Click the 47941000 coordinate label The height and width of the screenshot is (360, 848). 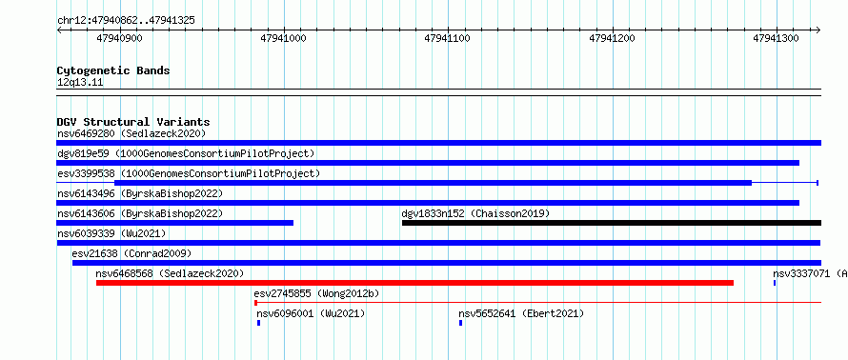(x=283, y=38)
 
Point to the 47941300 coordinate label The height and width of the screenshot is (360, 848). (x=776, y=38)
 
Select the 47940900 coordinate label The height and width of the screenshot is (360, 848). (x=119, y=38)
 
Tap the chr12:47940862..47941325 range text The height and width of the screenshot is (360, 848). (x=126, y=21)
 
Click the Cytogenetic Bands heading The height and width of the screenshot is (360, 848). (x=113, y=70)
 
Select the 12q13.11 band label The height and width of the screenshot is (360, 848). (x=80, y=83)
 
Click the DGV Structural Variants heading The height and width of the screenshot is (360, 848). (x=133, y=122)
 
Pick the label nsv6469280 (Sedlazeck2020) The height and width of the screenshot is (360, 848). (x=131, y=133)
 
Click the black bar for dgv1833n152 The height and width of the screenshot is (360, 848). (x=612, y=223)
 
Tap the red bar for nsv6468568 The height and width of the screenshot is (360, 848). (x=414, y=283)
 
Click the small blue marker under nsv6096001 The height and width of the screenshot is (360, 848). (x=258, y=323)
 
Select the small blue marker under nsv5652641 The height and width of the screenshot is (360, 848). (x=461, y=323)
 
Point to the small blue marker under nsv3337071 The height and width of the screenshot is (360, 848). (x=775, y=283)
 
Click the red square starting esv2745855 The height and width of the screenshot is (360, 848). (x=255, y=303)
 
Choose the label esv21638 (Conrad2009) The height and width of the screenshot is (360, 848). (x=131, y=253)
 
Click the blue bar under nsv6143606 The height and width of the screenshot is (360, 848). (x=175, y=223)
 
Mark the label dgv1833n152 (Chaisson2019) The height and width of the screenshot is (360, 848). (x=475, y=213)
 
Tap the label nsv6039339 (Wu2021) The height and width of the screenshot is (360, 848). (x=111, y=233)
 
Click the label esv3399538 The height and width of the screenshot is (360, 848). (x=86, y=173)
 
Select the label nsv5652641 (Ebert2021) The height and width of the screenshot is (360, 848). (x=521, y=313)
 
